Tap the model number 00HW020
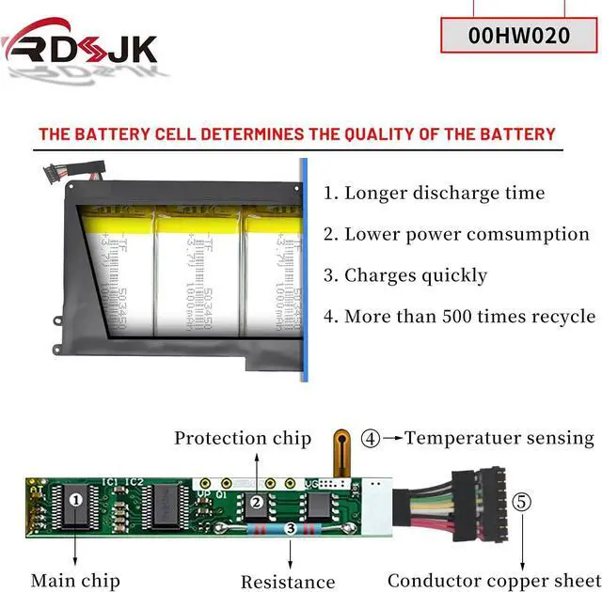tap(518, 36)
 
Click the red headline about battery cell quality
tap(297, 133)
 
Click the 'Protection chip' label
tap(243, 438)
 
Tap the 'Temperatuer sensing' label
tap(499, 438)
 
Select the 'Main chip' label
tap(75, 581)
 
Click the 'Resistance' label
tap(288, 582)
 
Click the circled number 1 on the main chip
tap(76, 501)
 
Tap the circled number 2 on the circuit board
tap(256, 502)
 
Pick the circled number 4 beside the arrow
tap(372, 438)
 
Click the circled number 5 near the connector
tap(522, 502)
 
